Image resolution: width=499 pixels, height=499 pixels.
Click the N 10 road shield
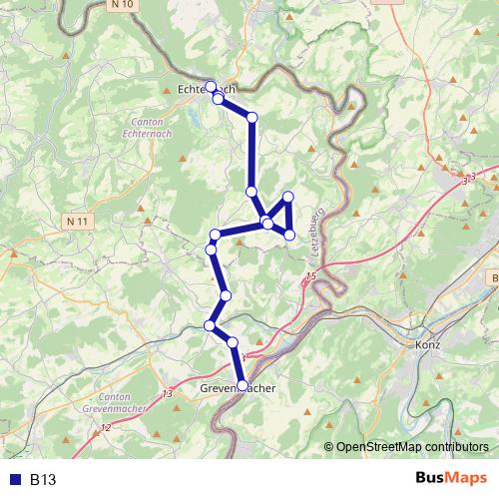click(125, 7)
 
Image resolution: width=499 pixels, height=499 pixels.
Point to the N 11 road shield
click(80, 219)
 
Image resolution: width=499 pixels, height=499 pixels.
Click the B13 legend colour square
click(13, 479)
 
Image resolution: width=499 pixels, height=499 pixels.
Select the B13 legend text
click(42, 479)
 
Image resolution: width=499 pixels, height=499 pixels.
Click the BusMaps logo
click(450, 478)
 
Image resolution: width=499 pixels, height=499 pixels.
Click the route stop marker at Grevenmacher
click(242, 384)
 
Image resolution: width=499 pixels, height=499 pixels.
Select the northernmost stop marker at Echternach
click(210, 86)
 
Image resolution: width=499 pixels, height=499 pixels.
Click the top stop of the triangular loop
click(287, 197)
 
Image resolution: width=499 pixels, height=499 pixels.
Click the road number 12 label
click(106, 427)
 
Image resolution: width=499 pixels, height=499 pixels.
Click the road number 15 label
click(311, 274)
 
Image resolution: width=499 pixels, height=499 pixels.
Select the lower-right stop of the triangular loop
click(289, 235)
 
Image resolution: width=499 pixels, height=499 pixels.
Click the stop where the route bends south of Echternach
click(251, 118)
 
